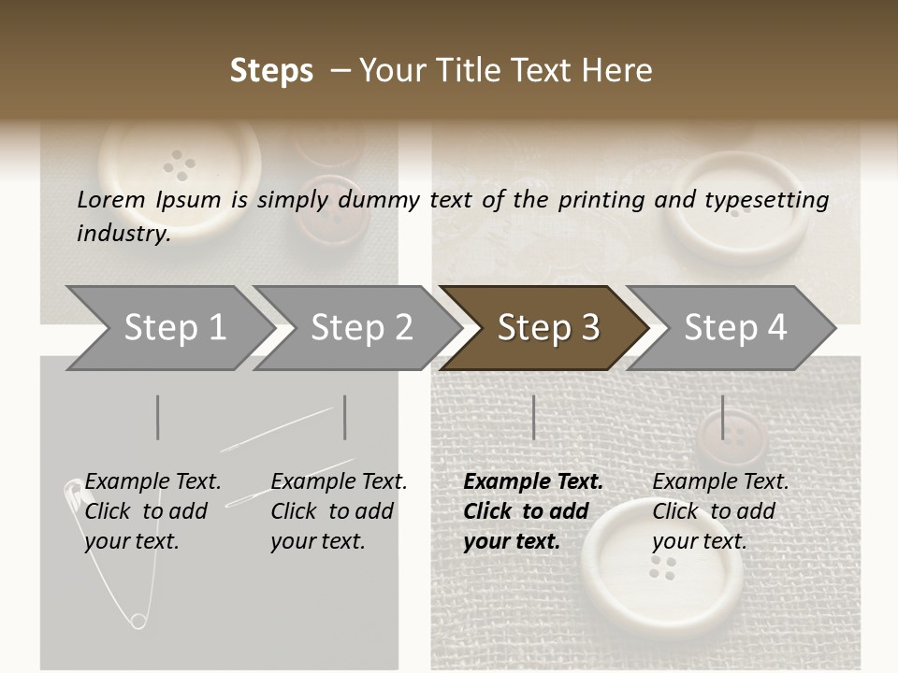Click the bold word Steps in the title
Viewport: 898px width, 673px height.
click(x=271, y=71)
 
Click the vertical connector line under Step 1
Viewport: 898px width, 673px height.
click(x=158, y=417)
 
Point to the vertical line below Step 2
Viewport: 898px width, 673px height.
click(x=345, y=417)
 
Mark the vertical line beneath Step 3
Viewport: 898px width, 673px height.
click(x=533, y=417)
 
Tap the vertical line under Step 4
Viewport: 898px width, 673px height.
click(x=722, y=417)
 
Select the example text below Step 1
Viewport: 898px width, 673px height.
click(x=152, y=511)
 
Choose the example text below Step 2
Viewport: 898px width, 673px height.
click(x=339, y=511)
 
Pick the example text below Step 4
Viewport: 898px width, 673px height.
click(x=720, y=511)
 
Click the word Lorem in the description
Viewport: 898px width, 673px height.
click(x=111, y=199)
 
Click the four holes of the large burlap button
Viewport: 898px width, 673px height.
click(x=663, y=566)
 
